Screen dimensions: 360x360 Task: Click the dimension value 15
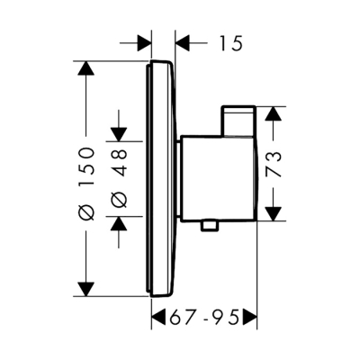(x=230, y=42)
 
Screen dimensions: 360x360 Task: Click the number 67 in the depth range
(x=184, y=317)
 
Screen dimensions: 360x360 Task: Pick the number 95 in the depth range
(x=231, y=317)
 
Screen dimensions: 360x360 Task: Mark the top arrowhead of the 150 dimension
(x=85, y=69)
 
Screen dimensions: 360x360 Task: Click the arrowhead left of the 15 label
(x=142, y=42)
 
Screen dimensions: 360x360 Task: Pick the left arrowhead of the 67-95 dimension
(x=157, y=317)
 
